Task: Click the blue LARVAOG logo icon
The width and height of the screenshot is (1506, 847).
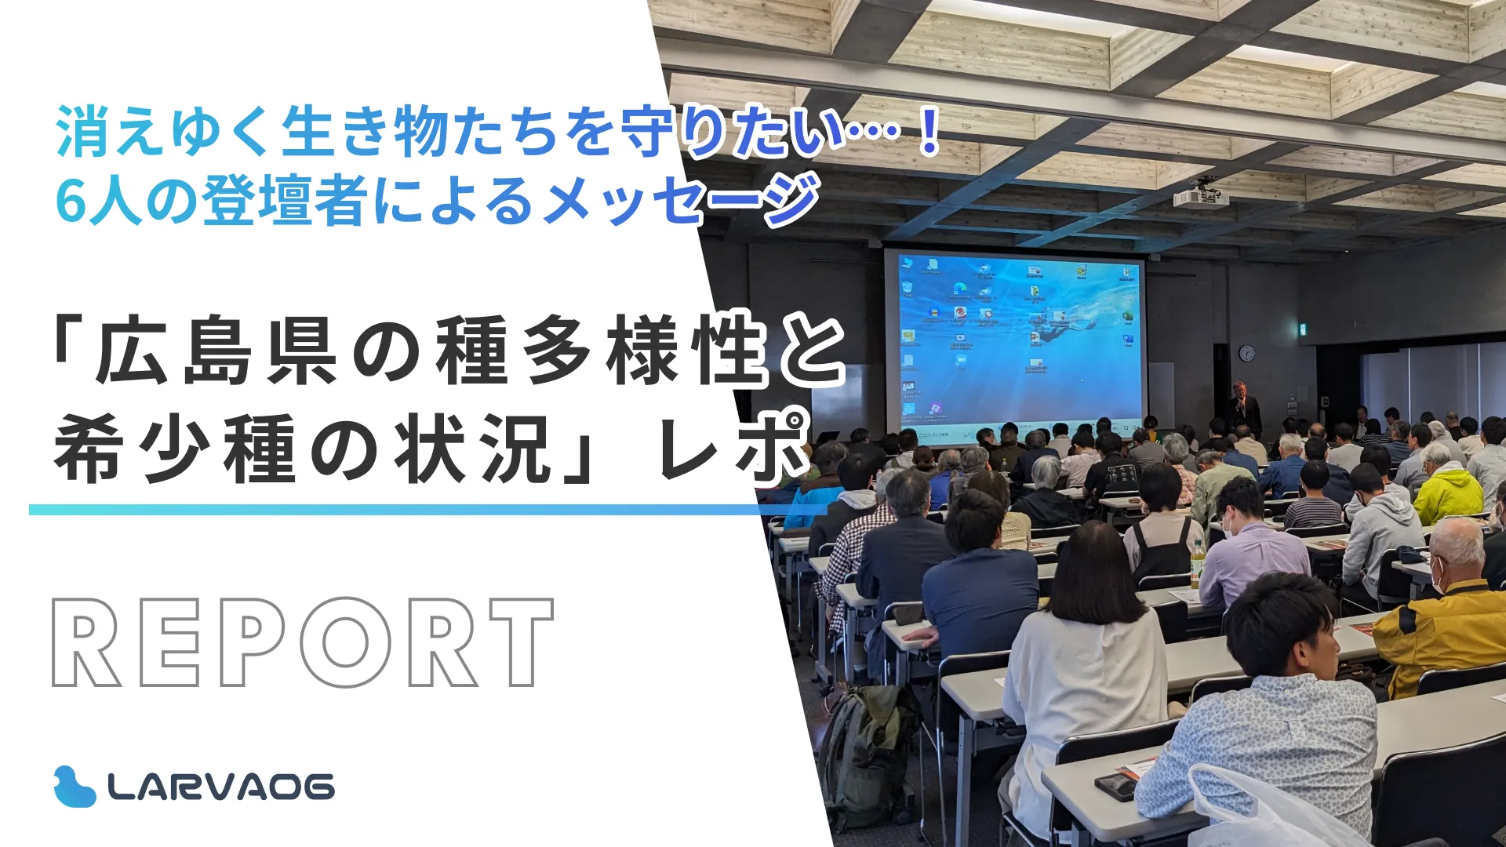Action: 75,787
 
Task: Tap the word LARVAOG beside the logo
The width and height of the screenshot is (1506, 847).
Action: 221,787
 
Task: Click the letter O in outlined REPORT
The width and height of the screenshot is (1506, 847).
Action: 346,642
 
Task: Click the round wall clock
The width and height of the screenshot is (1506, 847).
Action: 1246,353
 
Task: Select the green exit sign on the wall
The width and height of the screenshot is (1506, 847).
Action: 1302,329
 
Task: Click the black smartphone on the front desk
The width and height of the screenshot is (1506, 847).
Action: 1115,785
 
